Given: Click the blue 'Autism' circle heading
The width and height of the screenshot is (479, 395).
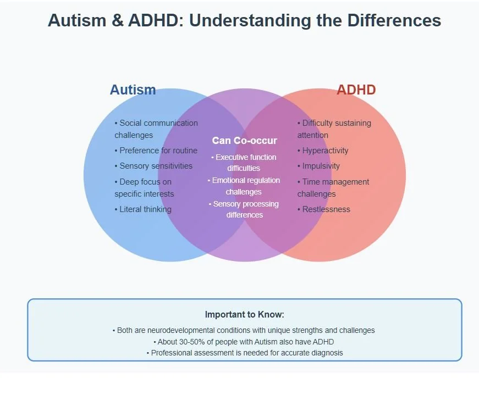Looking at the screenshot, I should coord(133,90).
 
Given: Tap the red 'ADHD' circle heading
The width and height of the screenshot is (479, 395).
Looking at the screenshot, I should coord(356,90).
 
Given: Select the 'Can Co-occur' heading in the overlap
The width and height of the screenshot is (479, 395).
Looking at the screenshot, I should coord(245,141).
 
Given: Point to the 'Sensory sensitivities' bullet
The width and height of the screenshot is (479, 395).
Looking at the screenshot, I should coord(153,166).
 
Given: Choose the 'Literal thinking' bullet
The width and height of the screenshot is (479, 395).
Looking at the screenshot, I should coord(143,209).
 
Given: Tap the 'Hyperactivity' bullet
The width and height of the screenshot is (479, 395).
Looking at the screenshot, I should coord(323,151).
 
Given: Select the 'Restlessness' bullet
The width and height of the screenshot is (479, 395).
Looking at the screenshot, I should coord(324,209).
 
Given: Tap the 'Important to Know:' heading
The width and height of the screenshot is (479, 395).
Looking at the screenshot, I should coord(245,315).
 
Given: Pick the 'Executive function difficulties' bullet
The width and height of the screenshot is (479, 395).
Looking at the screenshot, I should coord(244,163).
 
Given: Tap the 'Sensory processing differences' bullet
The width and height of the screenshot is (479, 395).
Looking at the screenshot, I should coord(245,209).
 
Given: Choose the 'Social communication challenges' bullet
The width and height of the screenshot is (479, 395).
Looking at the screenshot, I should coord(156,129).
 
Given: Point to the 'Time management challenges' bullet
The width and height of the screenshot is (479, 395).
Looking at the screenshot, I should coord(333,187).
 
